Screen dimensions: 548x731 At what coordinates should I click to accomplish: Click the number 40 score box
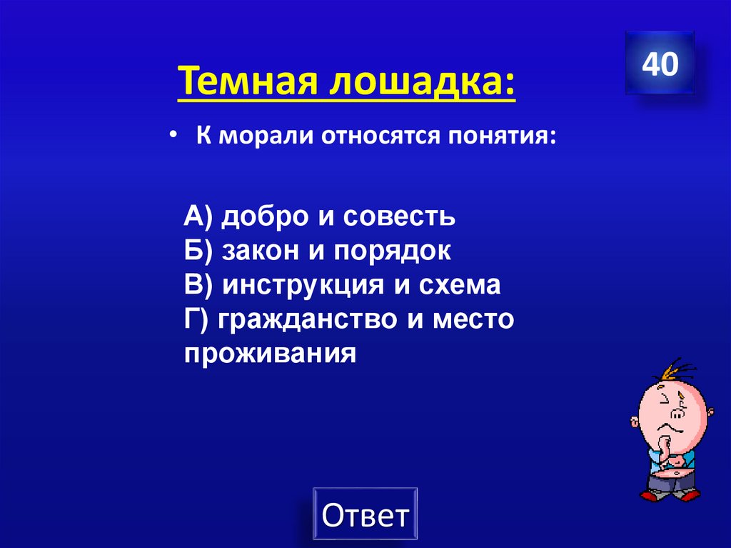click(x=660, y=64)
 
